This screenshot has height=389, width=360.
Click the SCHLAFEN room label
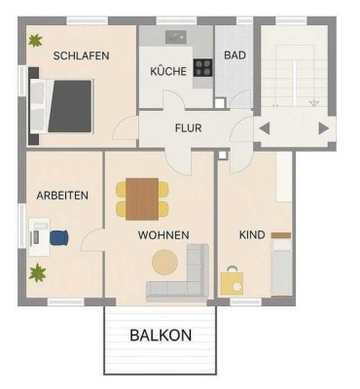82,55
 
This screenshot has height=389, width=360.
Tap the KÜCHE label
167,71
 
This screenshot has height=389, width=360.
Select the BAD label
234,55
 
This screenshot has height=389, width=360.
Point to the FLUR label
188,127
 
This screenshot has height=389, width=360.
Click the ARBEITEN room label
62,194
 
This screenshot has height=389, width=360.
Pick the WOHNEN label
162,234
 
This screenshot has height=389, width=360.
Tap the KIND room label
252,234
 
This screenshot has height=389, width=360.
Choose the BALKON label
161,335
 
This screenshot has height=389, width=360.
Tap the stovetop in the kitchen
204,68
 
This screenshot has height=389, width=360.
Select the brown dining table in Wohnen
142,198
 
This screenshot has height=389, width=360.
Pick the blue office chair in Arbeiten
59,236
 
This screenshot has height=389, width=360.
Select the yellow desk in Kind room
233,283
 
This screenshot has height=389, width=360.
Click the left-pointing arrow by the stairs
264,127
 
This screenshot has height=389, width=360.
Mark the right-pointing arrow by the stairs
323,127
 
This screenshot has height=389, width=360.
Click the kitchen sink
175,36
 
